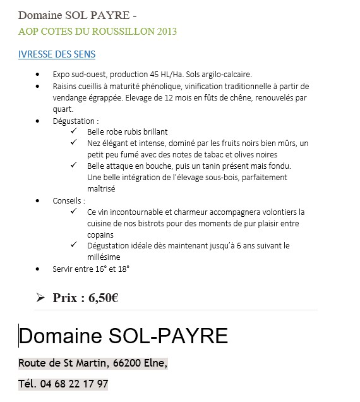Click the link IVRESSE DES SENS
(57, 54)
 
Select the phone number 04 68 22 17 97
(74, 384)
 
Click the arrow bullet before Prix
(40, 298)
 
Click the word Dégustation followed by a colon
(75, 120)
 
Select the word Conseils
(68, 200)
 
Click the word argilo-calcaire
(227, 75)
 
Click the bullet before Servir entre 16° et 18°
(40, 269)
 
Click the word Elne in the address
(157, 363)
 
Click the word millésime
(104, 257)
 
